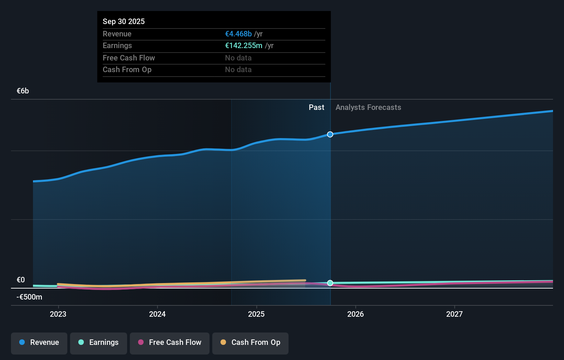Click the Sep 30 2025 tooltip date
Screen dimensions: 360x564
tap(124, 21)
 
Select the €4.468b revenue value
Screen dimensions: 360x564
tap(238, 34)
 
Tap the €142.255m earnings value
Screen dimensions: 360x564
tap(244, 45)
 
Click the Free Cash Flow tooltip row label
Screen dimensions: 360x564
tap(129, 58)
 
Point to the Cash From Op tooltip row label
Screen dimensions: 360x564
tap(127, 69)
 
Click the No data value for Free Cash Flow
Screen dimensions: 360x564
tap(238, 58)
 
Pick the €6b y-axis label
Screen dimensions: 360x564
tap(23, 91)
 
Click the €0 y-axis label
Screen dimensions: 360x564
tap(21, 280)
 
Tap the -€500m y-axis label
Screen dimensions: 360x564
tap(29, 297)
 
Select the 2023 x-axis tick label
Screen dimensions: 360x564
tap(58, 314)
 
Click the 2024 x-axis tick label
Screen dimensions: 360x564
tap(157, 314)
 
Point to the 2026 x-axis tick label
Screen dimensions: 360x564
tap(356, 314)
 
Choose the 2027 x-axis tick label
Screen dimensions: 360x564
tap(454, 314)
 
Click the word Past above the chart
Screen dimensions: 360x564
tap(316, 107)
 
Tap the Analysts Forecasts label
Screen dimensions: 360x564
tap(368, 107)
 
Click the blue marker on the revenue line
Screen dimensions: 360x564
tap(330, 134)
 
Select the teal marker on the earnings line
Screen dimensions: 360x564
tap(330, 283)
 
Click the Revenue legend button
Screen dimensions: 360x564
tap(39, 342)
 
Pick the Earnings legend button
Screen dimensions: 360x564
tap(99, 342)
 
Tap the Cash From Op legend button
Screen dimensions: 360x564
tap(250, 342)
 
